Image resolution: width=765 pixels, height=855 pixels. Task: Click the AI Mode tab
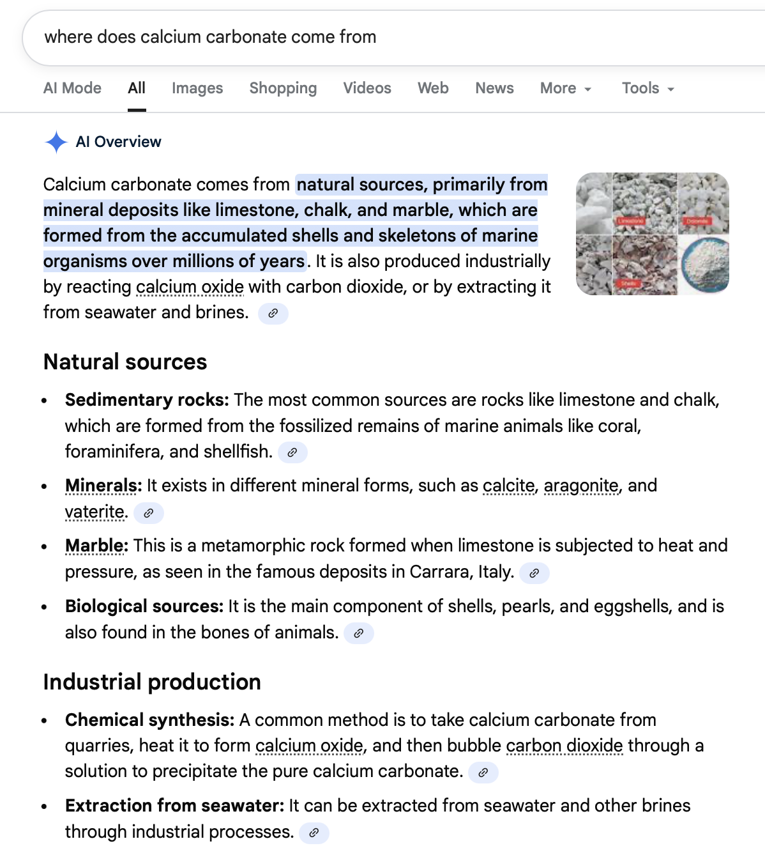72,88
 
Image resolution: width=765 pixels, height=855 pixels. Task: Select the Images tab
197,88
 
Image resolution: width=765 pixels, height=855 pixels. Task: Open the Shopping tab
283,88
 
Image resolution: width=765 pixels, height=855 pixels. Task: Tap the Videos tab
367,88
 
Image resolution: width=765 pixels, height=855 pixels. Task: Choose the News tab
494,88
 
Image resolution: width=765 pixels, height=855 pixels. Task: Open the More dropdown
566,88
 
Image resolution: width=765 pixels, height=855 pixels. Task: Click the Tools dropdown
648,88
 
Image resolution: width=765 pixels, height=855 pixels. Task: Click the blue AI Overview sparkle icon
56,142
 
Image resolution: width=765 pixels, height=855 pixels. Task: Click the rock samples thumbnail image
652,234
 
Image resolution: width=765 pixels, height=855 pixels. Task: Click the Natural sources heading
125,362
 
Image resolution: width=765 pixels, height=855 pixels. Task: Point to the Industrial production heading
152,682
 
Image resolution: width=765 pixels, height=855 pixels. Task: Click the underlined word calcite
508,486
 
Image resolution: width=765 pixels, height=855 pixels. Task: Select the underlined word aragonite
581,486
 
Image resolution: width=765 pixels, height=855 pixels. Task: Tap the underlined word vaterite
95,512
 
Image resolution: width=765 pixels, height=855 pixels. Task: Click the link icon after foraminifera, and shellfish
292,452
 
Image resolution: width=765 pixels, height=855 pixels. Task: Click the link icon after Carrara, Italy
534,573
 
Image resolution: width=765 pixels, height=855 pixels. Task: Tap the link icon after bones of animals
359,633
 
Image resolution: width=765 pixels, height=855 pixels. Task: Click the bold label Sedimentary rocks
147,400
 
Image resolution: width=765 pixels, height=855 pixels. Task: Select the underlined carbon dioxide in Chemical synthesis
564,746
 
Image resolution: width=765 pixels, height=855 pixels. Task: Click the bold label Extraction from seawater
174,806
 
